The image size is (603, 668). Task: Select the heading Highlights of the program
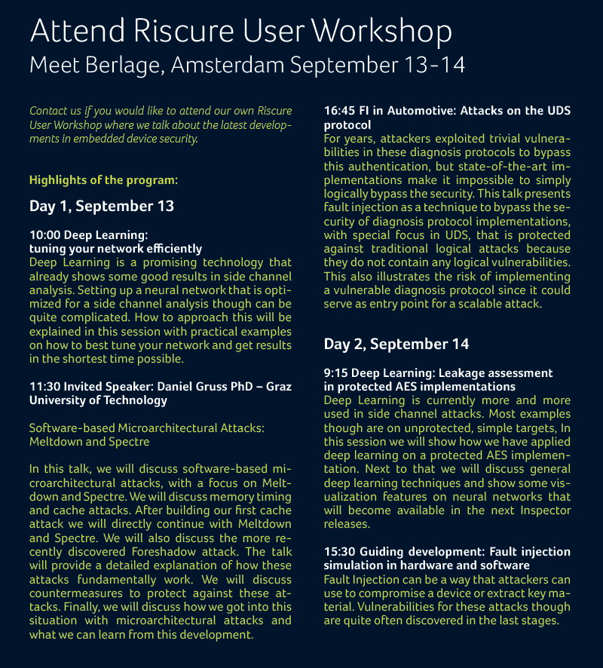104,180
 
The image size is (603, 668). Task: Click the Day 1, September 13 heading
102,206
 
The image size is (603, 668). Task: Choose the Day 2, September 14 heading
396,344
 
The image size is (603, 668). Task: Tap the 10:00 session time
44,235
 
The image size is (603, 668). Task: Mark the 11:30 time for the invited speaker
44,385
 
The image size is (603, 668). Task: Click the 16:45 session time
338,111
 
